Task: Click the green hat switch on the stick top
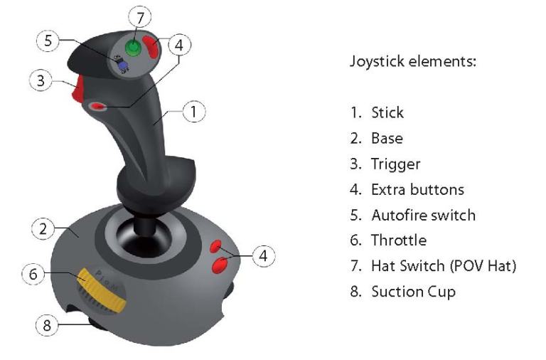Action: [x=133, y=48]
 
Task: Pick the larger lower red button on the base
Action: [x=220, y=265]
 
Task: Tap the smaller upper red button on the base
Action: [x=217, y=247]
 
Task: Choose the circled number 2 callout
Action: [x=43, y=229]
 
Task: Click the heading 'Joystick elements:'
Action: [x=412, y=61]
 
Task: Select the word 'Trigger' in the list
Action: [x=395, y=164]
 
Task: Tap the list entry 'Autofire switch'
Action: [x=423, y=215]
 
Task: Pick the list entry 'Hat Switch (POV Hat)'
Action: [x=443, y=266]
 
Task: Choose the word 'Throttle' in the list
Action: [x=399, y=240]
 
